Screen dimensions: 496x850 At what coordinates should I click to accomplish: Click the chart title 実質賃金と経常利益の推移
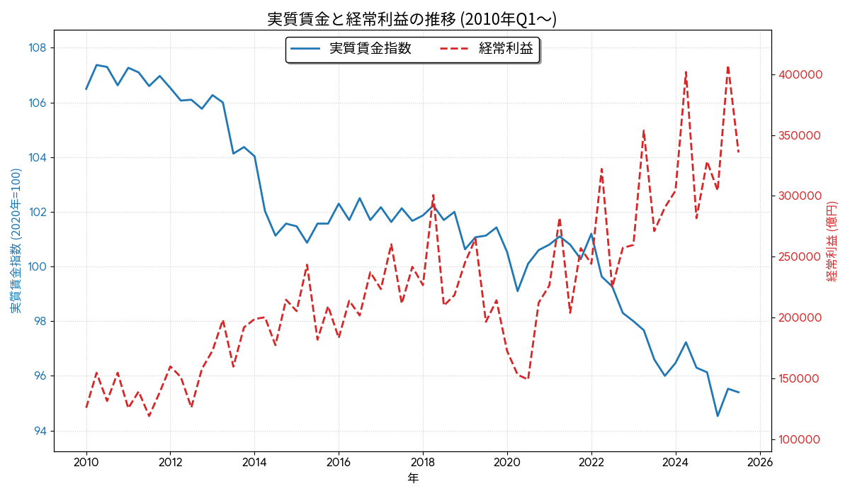click(x=412, y=19)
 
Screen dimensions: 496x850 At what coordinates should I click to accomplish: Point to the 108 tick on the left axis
click(x=38, y=48)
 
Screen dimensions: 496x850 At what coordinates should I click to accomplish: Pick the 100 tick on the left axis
click(x=38, y=267)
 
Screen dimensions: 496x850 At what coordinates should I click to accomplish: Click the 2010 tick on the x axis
click(x=86, y=463)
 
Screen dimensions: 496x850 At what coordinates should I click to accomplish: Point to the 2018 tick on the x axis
click(x=423, y=463)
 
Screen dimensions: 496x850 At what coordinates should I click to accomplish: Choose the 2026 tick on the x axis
click(x=759, y=463)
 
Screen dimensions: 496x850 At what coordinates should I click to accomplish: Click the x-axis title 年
click(x=413, y=478)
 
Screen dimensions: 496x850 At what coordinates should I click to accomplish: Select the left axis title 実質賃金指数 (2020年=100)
click(x=16, y=241)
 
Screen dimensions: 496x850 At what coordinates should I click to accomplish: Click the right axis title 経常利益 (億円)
click(x=832, y=241)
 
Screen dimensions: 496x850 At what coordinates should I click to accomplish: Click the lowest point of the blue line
click(x=718, y=416)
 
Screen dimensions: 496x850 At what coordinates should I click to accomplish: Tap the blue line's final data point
click(x=739, y=393)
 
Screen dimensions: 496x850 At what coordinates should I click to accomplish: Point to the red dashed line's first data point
click(x=86, y=407)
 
